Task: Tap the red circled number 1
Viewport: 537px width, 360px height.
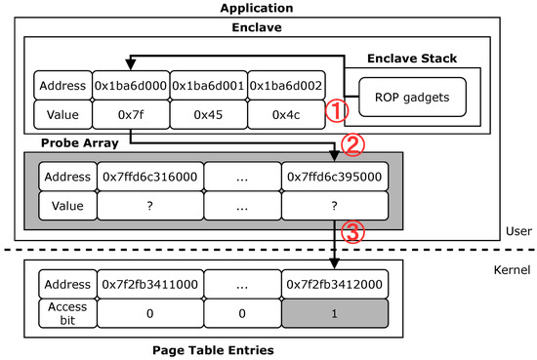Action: click(x=336, y=111)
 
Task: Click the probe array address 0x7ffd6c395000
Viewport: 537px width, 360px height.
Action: click(x=336, y=178)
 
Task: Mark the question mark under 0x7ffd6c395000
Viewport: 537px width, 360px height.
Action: click(x=336, y=207)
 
